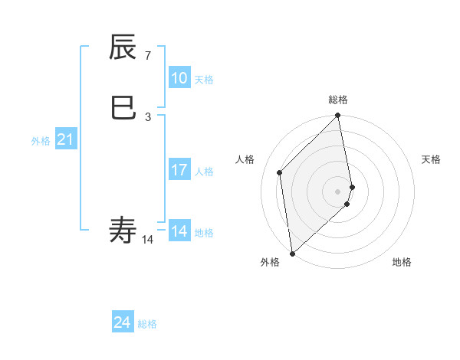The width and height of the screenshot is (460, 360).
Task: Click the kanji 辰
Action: [x=124, y=48]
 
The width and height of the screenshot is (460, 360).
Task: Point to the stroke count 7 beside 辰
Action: [x=147, y=56]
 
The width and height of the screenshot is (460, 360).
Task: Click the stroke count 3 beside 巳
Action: [x=147, y=116]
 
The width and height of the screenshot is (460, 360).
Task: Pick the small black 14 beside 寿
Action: [x=148, y=239]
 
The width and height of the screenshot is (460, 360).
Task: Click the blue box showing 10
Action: [x=179, y=78]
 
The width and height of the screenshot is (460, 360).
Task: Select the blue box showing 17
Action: [x=179, y=170]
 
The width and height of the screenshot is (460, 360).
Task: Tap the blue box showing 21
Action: [x=65, y=139]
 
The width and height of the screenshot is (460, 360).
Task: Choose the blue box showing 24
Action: [x=123, y=322]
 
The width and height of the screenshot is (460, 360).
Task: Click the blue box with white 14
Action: [x=179, y=231]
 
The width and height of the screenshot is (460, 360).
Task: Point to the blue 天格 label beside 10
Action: [x=204, y=80]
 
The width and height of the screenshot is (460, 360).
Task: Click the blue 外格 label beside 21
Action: [x=41, y=141]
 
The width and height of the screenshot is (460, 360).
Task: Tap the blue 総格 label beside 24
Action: [x=147, y=324]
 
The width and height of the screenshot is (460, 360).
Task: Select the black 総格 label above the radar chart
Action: [x=338, y=100]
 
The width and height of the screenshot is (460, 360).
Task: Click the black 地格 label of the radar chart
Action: [x=402, y=262]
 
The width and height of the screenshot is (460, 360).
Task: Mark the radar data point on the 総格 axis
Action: [x=338, y=116]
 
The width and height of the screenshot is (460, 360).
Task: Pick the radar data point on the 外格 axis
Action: [x=292, y=253]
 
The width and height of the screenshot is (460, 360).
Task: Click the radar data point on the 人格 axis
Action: [x=280, y=172]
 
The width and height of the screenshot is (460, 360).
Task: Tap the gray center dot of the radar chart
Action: [x=338, y=191]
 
